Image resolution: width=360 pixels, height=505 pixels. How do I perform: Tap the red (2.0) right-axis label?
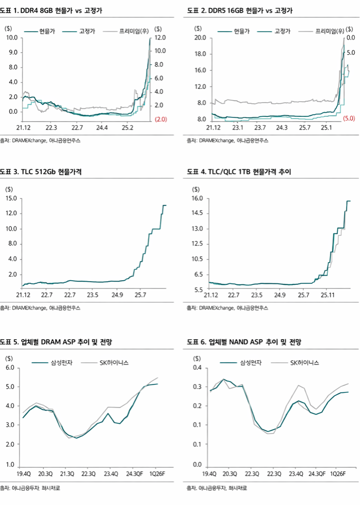(x=160, y=120)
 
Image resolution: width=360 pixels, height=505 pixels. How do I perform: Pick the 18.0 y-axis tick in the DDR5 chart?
(x=200, y=54)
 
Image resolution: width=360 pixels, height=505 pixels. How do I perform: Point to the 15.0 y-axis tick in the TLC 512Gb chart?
(x=11, y=199)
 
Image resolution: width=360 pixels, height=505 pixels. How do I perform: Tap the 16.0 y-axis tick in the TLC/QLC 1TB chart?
(x=198, y=199)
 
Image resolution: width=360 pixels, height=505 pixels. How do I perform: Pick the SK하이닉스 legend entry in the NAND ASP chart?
(x=305, y=363)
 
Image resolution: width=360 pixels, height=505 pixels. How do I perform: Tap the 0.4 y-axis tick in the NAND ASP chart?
(x=198, y=368)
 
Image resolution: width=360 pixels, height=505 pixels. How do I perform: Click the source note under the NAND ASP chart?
(x=217, y=488)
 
